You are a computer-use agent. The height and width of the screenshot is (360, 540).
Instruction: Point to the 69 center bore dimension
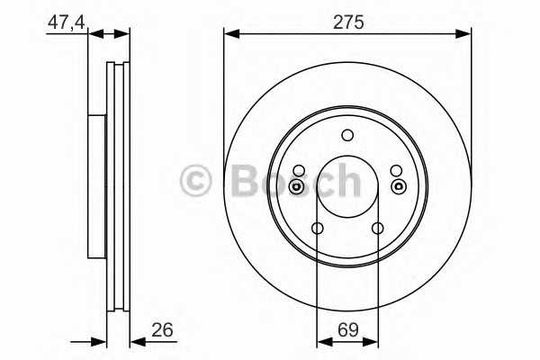pos(347,329)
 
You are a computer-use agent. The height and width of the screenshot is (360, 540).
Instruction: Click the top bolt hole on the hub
pos(347,136)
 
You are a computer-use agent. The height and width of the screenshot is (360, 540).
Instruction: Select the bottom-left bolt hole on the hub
pos(317,229)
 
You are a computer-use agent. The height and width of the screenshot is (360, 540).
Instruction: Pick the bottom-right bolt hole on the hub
pos(378,229)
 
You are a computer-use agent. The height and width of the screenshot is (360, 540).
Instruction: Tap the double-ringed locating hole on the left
pos(298,187)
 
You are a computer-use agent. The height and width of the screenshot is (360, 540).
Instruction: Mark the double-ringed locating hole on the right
pos(397,187)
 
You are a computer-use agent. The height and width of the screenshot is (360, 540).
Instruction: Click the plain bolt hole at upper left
pos(299,170)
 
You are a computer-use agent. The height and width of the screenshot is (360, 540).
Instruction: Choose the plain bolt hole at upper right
pos(396,170)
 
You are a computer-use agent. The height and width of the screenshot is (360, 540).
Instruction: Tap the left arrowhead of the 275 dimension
pos(230,34)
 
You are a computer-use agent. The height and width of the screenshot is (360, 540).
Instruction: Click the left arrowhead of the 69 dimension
pos(322,341)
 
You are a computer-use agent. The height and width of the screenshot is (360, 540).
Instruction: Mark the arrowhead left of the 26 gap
pos(101,341)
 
